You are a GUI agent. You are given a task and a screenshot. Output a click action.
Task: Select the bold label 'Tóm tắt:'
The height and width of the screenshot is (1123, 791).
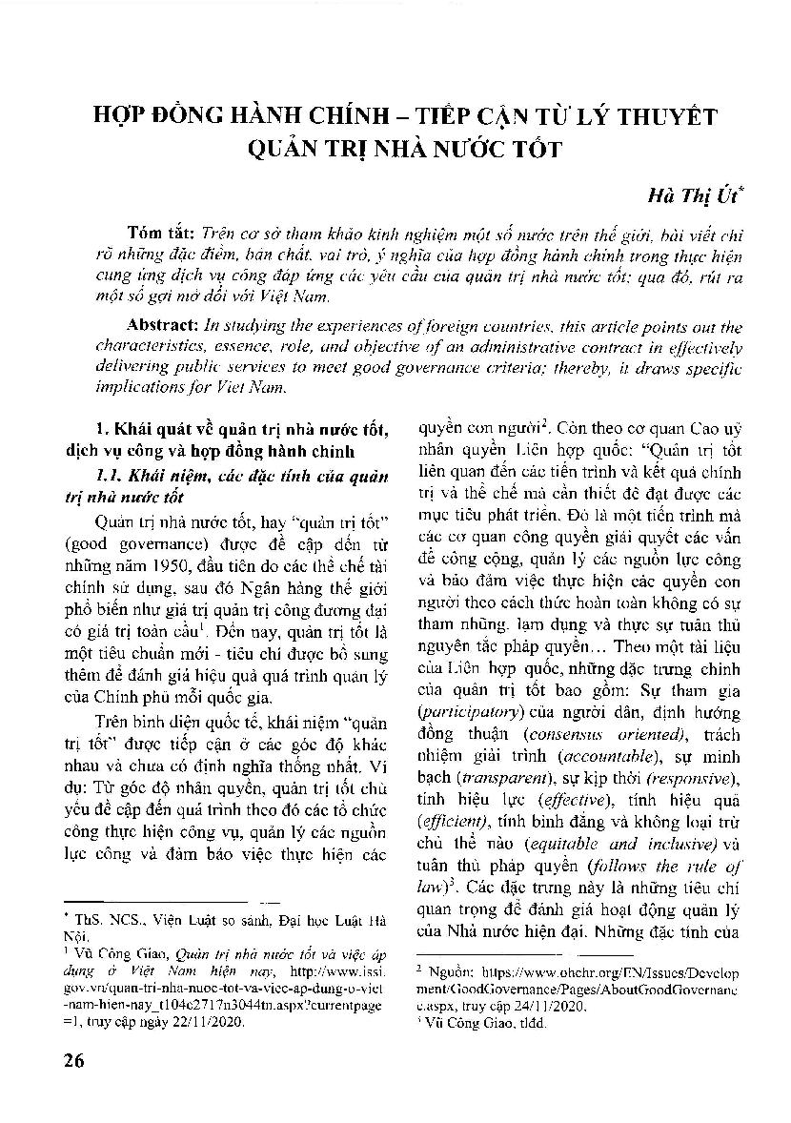[x=160, y=234]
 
